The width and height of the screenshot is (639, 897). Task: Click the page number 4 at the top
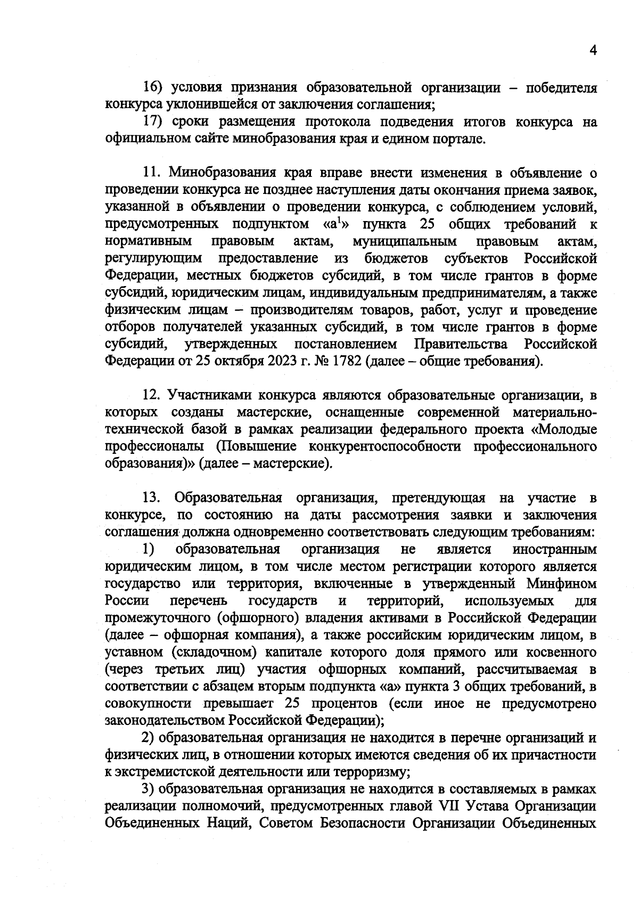pyautogui.click(x=593, y=50)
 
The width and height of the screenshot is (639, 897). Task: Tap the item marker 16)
pyautogui.click(x=153, y=87)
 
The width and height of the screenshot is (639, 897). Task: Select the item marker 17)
pyautogui.click(x=153, y=122)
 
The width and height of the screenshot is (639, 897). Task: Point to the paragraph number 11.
pyautogui.click(x=151, y=173)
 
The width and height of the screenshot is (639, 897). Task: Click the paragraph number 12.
pyautogui.click(x=151, y=395)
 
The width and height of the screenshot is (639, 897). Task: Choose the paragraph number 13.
pyautogui.click(x=151, y=498)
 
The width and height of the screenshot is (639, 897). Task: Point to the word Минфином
pyautogui.click(x=561, y=584)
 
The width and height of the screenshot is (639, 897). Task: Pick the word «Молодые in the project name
pyautogui.click(x=564, y=429)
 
